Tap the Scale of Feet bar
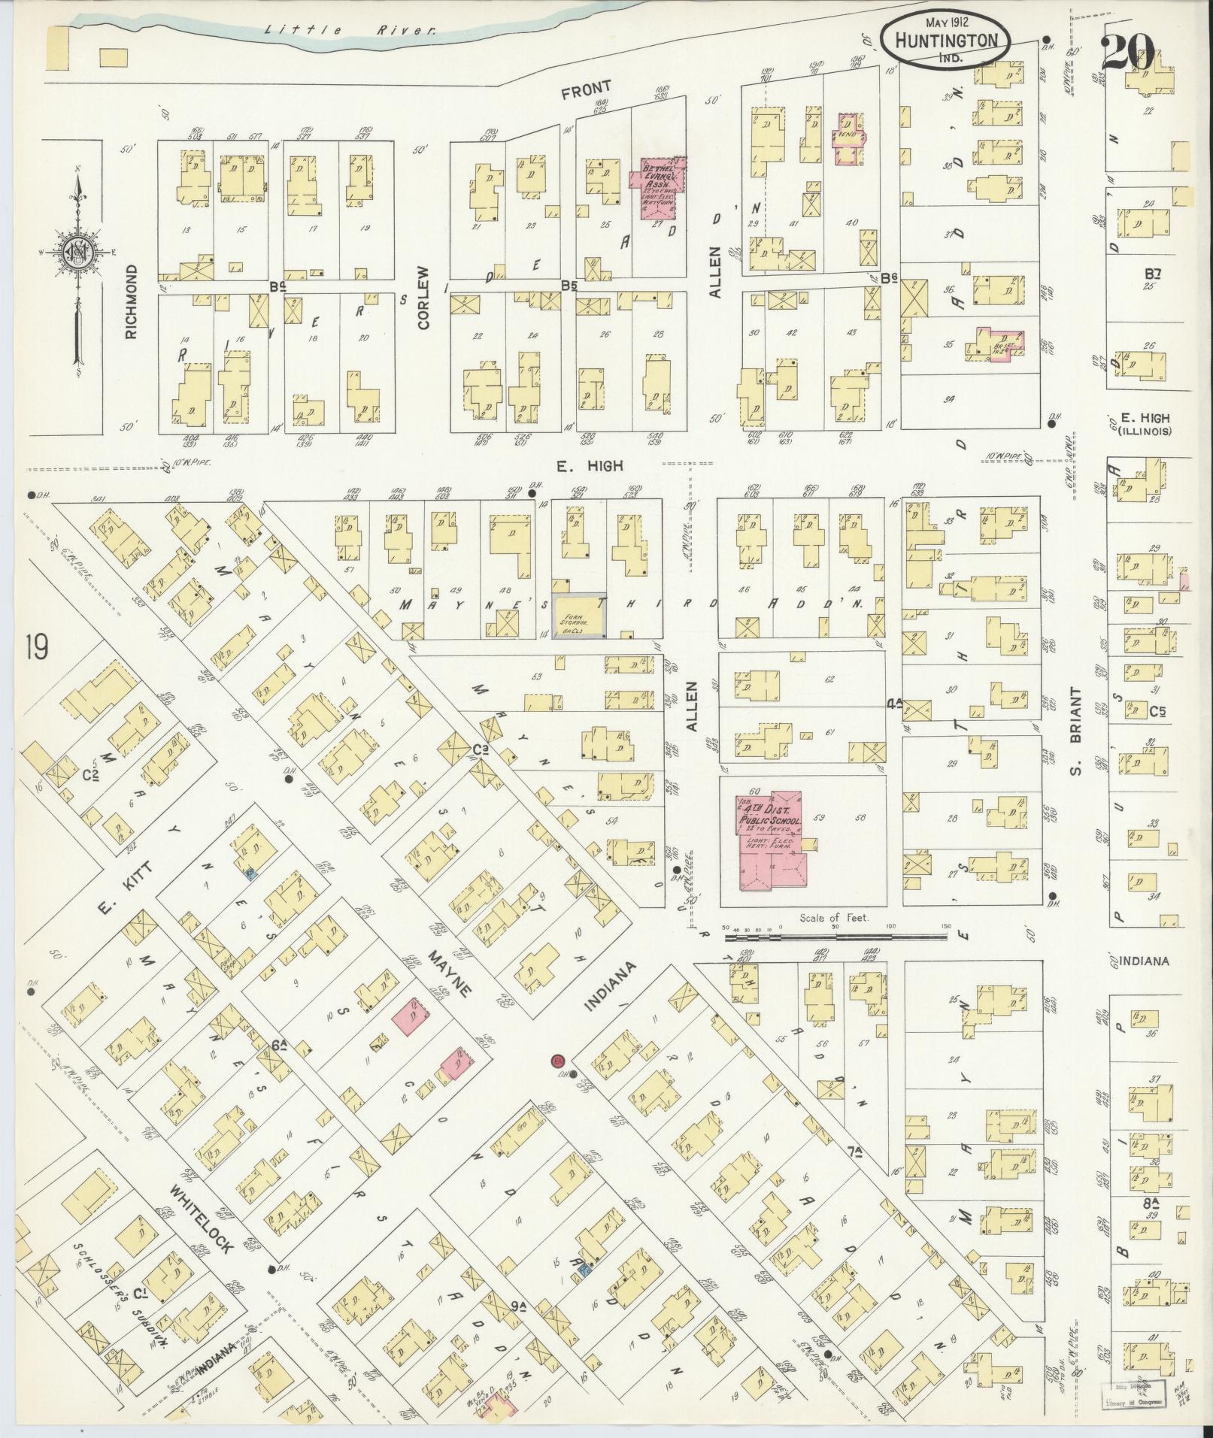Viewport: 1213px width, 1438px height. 835,937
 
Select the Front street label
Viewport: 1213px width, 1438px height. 586,88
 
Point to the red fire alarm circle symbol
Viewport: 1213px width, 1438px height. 557,1060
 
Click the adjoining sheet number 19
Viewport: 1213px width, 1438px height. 35,646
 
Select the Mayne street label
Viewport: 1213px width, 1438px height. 450,974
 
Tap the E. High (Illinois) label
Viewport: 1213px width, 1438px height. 1144,424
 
